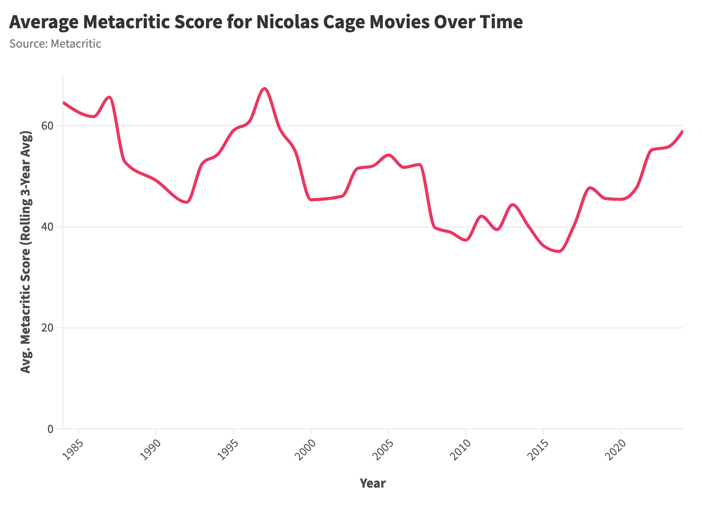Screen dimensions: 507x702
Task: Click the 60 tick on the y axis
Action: coord(47,126)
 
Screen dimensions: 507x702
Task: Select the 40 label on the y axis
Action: coord(47,227)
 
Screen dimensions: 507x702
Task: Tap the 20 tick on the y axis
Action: coord(47,328)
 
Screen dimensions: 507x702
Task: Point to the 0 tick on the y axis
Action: coord(50,429)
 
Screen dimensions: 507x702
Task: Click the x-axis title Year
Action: coord(373,484)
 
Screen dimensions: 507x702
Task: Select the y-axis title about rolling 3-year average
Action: coord(26,252)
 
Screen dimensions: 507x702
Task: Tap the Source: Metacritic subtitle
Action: coord(55,44)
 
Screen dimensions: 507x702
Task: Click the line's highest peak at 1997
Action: coord(264,89)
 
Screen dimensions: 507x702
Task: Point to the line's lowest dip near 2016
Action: coord(559,251)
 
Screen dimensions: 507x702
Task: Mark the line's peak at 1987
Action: coord(109,97)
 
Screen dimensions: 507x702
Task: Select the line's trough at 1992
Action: coord(187,202)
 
